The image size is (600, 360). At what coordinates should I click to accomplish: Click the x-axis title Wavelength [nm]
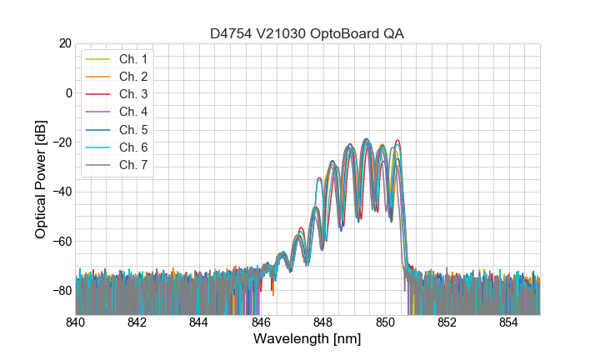(x=307, y=340)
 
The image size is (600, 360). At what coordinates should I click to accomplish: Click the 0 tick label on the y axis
(x=67, y=92)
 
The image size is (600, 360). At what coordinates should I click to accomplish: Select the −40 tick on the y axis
(x=61, y=192)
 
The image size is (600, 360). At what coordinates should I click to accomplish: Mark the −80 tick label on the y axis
(x=61, y=291)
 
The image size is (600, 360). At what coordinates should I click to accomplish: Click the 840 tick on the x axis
(x=75, y=322)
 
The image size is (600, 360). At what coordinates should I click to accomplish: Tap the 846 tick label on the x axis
(x=261, y=322)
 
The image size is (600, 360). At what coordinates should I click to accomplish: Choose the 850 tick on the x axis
(x=385, y=322)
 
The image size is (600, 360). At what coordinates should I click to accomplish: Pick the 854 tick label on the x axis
(x=508, y=322)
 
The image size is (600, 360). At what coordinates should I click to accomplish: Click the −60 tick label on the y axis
(x=61, y=242)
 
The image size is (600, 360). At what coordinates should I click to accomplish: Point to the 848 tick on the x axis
(x=322, y=322)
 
